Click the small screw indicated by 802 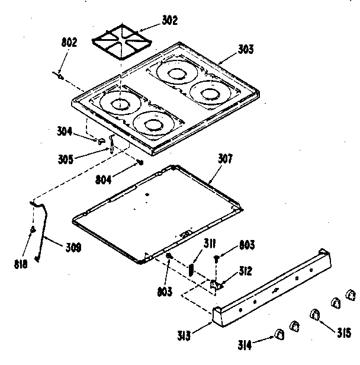[59, 74]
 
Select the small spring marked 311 [192, 267]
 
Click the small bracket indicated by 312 [216, 285]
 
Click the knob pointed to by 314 [279, 335]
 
